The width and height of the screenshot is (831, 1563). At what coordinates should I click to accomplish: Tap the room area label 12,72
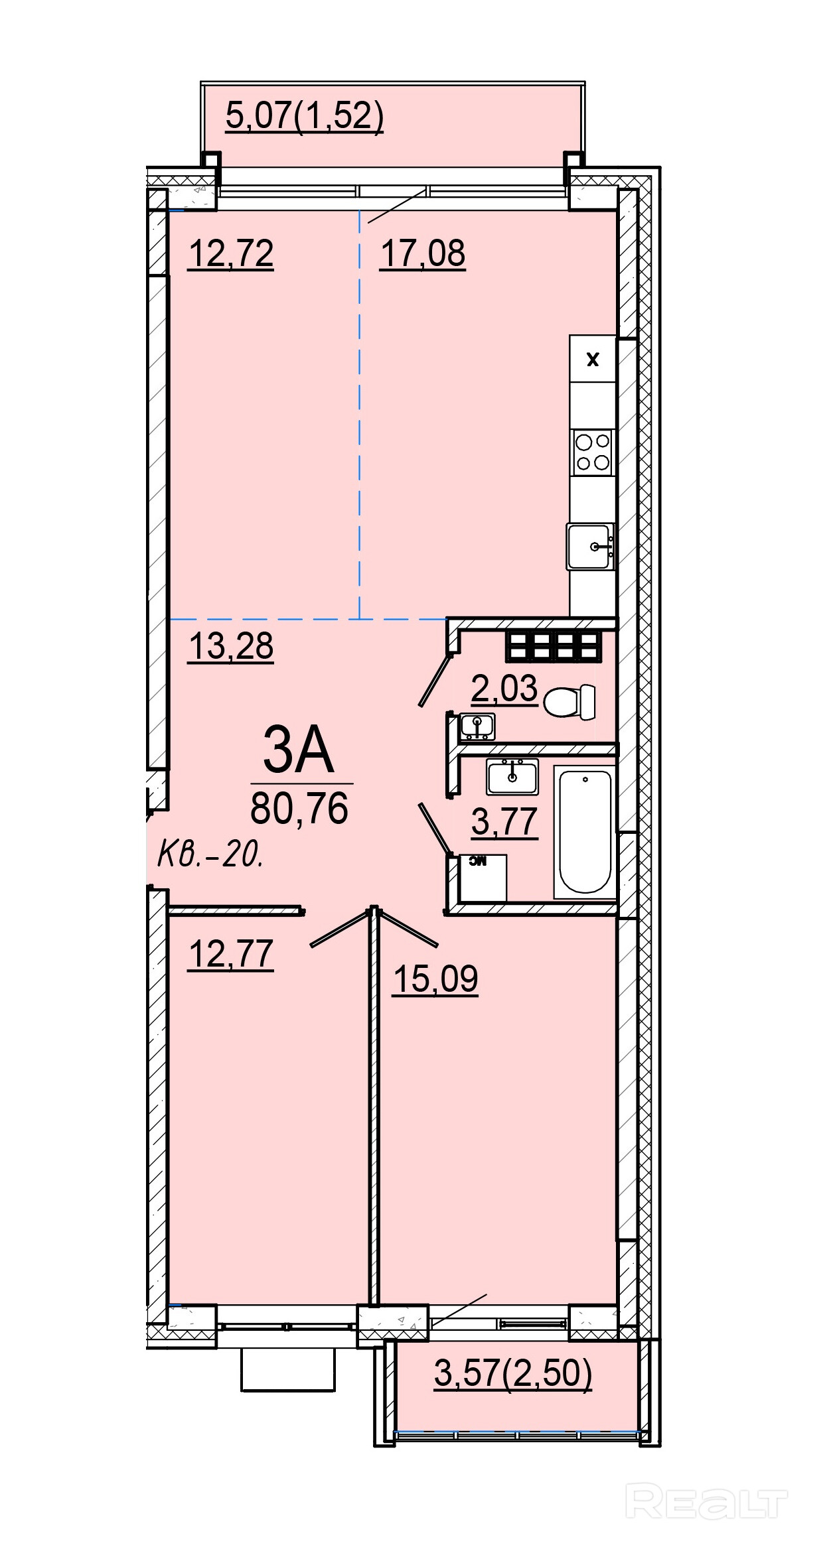[231, 254]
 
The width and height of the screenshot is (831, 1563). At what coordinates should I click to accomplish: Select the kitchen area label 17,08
[422, 254]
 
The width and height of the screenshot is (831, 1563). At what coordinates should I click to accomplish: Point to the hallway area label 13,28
[231, 646]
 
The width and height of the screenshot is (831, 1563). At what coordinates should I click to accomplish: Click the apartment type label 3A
[298, 750]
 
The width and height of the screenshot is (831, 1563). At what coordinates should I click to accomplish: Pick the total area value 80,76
[299, 809]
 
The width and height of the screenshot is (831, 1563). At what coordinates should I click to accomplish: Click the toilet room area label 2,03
[504, 689]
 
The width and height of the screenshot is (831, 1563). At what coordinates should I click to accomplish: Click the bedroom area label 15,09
[435, 979]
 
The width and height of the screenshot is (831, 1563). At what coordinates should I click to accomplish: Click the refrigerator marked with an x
[593, 358]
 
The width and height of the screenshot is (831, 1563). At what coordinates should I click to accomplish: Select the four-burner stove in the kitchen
[593, 451]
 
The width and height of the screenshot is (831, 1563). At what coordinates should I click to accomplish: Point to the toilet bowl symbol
[569, 702]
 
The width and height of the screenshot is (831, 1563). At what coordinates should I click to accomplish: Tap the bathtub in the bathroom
[585, 832]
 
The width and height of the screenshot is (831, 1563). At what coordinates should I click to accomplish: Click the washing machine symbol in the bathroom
[483, 878]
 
